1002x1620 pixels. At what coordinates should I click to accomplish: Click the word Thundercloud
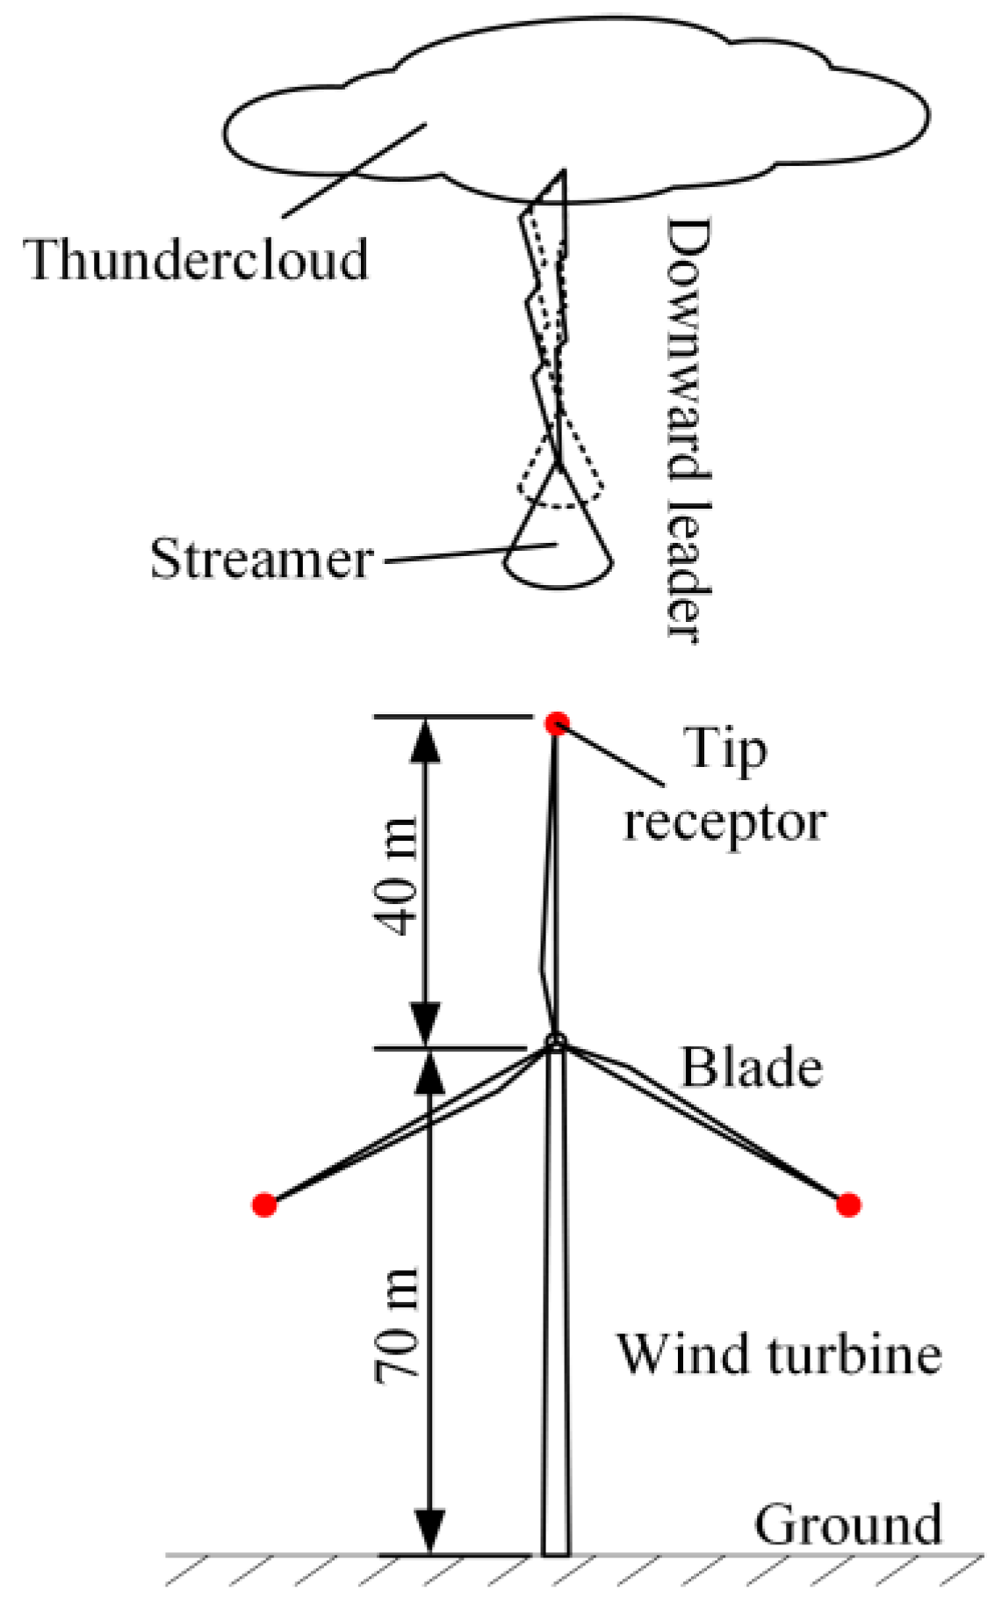click(196, 260)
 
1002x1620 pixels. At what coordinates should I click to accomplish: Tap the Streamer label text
click(262, 559)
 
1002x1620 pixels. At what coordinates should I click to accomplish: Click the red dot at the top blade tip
click(557, 724)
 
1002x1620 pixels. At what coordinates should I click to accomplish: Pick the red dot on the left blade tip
click(264, 1204)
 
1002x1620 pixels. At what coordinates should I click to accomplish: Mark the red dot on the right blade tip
click(847, 1204)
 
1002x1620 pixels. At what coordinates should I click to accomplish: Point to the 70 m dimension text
click(397, 1327)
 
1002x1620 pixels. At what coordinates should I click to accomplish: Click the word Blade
click(752, 1068)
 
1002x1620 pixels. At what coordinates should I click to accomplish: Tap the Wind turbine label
click(779, 1354)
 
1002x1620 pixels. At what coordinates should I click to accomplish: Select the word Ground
click(847, 1524)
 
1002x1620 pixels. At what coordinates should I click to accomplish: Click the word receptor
click(724, 823)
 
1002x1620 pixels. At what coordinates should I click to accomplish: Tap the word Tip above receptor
click(724, 751)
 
